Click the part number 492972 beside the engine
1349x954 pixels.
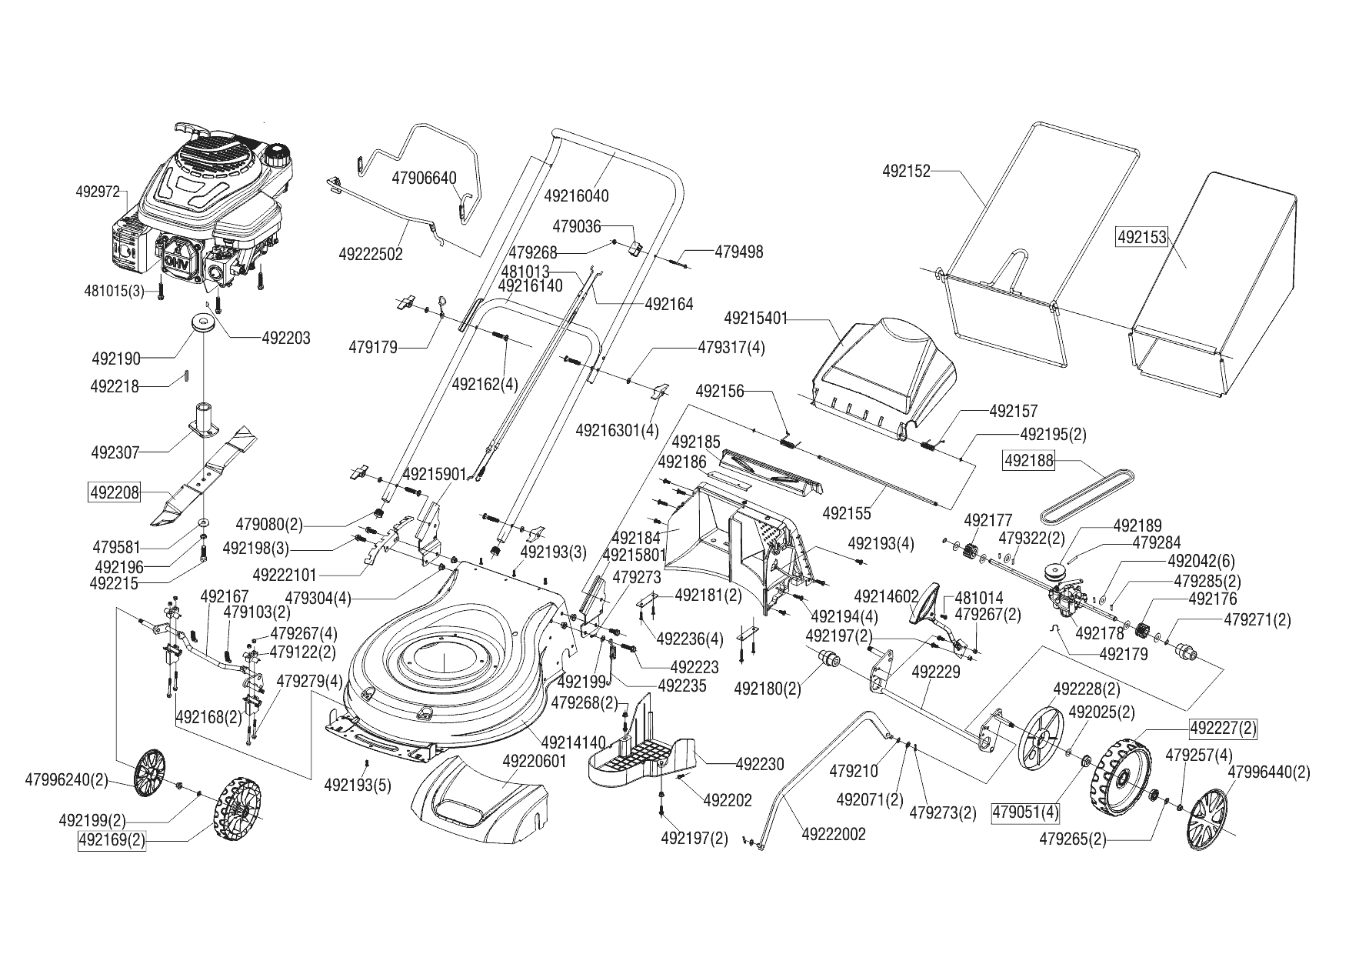[x=98, y=192]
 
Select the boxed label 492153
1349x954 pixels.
[x=1141, y=238]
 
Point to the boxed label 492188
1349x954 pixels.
[x=1029, y=461]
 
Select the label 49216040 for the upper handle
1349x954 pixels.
[x=576, y=195]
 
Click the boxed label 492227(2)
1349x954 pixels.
[x=1223, y=727]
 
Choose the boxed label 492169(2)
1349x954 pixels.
[x=112, y=840]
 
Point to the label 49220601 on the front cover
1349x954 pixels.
[x=535, y=762]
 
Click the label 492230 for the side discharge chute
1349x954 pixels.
[x=760, y=764]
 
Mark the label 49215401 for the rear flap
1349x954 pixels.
[x=756, y=318]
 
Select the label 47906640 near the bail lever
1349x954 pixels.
[x=424, y=178]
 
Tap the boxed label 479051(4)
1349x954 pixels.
[x=1026, y=812]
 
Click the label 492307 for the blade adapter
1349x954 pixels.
[x=115, y=452]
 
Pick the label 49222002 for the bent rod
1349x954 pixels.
[x=834, y=834]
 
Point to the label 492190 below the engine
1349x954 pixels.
[x=116, y=359]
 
